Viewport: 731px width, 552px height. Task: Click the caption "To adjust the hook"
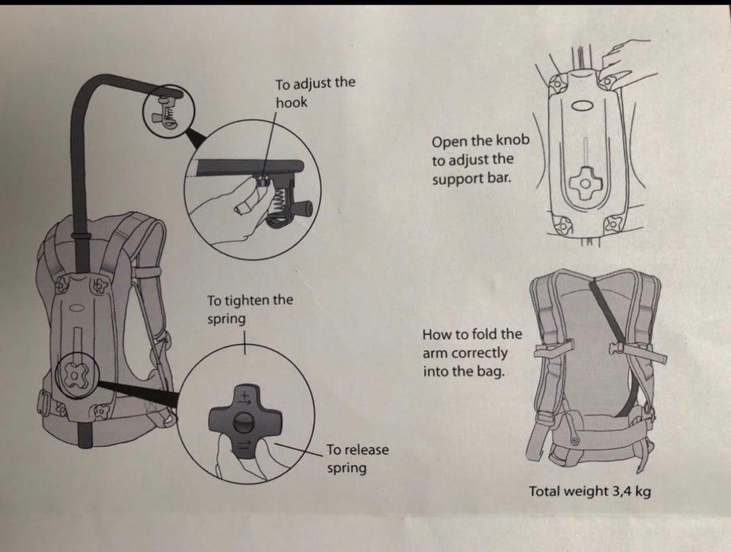pos(314,92)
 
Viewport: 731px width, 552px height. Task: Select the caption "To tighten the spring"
pos(250,309)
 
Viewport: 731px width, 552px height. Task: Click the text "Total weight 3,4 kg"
pos(589,491)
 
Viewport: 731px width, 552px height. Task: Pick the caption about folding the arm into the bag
pos(472,353)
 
